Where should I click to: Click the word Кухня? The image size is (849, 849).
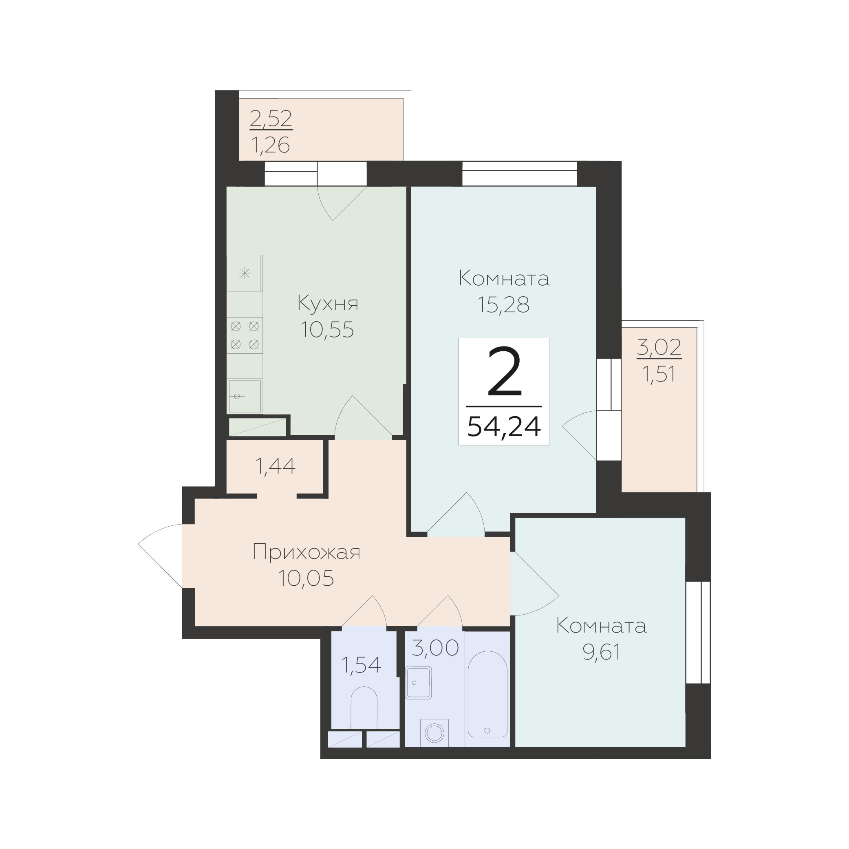click(328, 304)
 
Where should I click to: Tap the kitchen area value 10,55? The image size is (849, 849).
click(327, 330)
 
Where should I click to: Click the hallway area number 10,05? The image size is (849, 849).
click(306, 578)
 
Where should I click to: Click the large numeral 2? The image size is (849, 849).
click(505, 372)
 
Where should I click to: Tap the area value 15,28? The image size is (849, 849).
click(504, 304)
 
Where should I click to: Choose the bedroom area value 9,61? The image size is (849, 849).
click(601, 653)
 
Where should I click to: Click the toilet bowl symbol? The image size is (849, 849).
click(364, 709)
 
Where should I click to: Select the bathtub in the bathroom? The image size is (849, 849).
click(487, 694)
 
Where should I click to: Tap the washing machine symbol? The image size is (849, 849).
click(434, 732)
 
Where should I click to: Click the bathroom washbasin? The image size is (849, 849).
click(419, 683)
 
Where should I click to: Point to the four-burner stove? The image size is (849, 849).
click(245, 335)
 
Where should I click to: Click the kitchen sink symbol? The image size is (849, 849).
click(244, 396)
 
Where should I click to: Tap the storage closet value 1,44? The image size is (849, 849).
click(275, 466)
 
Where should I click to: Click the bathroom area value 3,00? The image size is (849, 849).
click(435, 648)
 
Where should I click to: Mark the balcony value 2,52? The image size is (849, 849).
click(271, 119)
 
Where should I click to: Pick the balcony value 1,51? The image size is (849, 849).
click(659, 375)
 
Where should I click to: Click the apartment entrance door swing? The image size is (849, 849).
click(161, 556)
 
